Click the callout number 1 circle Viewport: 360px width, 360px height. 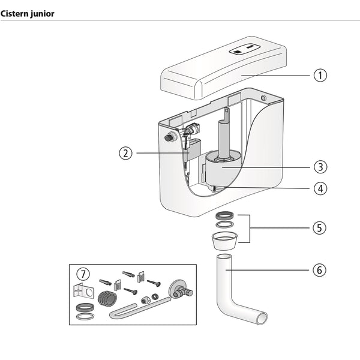pos(320,76)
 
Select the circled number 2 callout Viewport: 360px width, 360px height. pos(125,152)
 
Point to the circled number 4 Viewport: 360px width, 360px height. pos(320,188)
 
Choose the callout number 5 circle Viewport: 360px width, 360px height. pos(320,228)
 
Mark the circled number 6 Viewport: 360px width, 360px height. pos(320,270)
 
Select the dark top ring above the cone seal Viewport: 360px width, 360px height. pos(225,215)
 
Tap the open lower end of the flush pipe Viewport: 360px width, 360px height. pos(261,319)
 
